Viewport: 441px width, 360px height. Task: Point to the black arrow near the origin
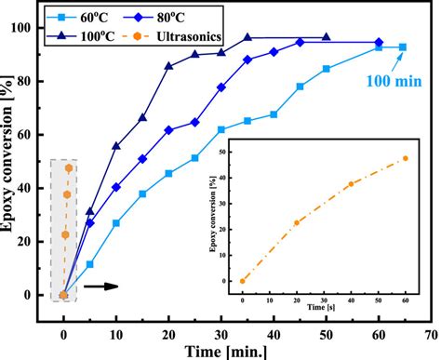[100, 287]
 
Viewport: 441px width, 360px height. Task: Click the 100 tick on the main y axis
[36, 28]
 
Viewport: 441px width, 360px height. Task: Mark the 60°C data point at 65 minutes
[403, 47]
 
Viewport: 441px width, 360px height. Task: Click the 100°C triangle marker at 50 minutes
[326, 38]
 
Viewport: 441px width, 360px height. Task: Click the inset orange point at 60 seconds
[405, 159]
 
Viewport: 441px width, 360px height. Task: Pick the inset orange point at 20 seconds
[297, 222]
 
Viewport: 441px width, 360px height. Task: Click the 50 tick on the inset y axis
[231, 149]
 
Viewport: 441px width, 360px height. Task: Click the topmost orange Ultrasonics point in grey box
[68, 168]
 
